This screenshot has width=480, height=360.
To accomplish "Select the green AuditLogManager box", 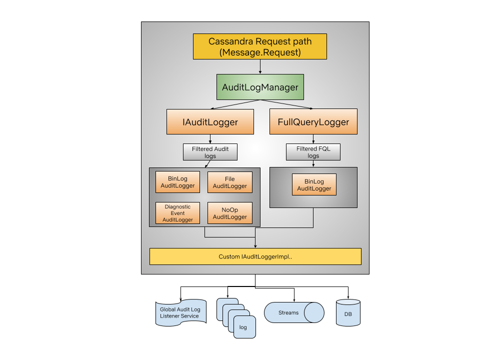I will (x=260, y=87).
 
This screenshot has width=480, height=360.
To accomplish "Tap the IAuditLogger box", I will (x=209, y=121).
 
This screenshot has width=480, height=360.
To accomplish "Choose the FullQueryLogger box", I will (x=313, y=121).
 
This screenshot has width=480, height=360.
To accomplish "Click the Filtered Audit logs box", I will (x=210, y=152).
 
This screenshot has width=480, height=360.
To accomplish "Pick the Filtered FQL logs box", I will (x=313, y=152).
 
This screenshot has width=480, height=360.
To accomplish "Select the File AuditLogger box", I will (x=229, y=182).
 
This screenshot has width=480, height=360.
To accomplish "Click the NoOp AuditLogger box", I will (x=229, y=213).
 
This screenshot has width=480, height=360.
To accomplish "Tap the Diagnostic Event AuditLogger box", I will (x=177, y=213).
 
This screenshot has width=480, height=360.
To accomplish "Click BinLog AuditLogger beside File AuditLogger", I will (x=177, y=182).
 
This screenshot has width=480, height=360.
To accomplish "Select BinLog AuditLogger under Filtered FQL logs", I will (x=314, y=184).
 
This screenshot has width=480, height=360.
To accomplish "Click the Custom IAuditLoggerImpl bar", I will (x=255, y=256).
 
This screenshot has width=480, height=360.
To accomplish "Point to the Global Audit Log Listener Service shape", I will (x=180, y=313).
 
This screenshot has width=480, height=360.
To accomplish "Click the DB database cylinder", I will (x=348, y=313).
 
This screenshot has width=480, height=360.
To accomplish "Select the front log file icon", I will (x=244, y=327).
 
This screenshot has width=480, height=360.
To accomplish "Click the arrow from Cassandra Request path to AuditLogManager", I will (x=260, y=66).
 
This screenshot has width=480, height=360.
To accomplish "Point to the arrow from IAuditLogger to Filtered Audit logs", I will (x=210, y=139).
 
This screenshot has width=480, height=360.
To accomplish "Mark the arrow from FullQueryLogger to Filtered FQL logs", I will (x=313, y=139).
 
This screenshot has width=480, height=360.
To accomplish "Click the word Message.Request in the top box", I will (x=260, y=52).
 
